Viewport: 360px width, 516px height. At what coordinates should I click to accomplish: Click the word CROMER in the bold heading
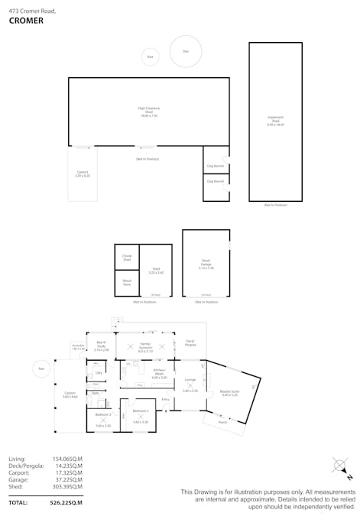tap(26, 21)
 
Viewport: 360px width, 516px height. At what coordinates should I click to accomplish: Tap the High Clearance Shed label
tap(148, 112)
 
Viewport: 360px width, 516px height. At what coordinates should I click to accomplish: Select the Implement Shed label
tap(275, 121)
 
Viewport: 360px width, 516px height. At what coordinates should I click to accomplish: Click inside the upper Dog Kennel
tap(215, 165)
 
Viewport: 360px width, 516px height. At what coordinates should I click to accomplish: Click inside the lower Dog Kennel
tap(215, 181)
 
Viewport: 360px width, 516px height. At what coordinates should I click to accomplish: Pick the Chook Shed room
tap(127, 258)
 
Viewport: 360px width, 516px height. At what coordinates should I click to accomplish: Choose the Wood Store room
tap(127, 283)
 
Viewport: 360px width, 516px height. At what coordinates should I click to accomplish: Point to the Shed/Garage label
tap(206, 264)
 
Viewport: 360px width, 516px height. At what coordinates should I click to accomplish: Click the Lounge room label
tap(190, 380)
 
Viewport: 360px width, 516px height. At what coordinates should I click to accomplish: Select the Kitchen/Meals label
tap(159, 373)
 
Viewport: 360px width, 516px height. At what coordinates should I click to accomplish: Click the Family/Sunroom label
tap(146, 349)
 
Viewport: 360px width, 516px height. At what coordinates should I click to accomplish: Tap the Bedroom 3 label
tap(103, 415)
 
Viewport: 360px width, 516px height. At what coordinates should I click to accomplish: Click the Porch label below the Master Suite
tap(222, 422)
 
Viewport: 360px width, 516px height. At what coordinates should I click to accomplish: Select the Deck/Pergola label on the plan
tap(190, 342)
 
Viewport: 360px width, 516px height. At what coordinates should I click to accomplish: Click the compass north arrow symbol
tap(340, 466)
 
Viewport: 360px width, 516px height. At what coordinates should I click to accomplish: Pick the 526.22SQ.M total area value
tap(66, 504)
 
